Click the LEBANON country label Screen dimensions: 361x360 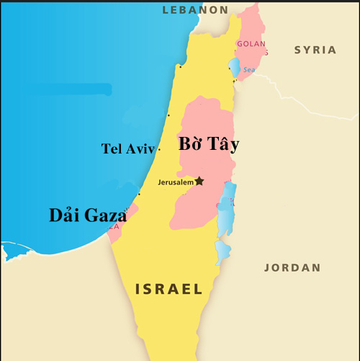click(x=195, y=9)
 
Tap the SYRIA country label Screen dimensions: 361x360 click(x=315, y=50)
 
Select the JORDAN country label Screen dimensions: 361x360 click(x=292, y=267)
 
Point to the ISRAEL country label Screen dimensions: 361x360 click(x=169, y=289)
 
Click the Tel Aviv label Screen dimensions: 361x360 click(x=128, y=149)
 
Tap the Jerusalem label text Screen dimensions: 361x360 click(x=175, y=182)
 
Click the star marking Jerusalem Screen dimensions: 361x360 click(x=199, y=181)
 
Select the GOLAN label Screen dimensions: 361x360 click(x=251, y=44)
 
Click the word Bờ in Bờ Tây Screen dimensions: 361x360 click(x=192, y=144)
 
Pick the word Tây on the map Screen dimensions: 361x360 click(x=224, y=145)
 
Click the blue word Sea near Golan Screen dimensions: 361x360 click(x=248, y=70)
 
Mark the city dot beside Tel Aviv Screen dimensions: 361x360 click(x=159, y=149)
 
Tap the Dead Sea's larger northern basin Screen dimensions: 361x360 click(x=228, y=209)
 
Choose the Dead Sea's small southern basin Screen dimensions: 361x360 click(x=222, y=251)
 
